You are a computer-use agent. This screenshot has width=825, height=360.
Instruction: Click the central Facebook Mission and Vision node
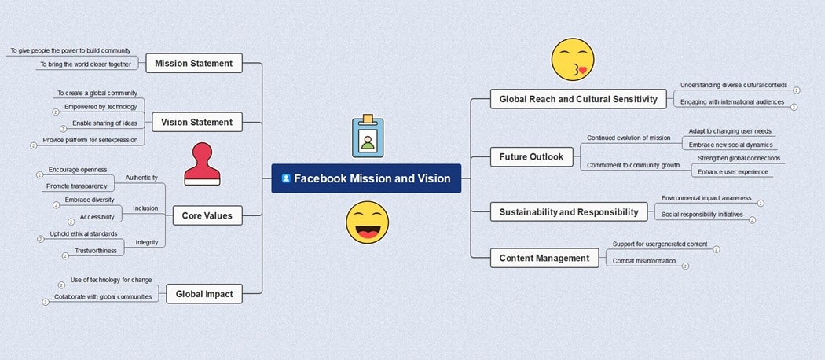(366, 178)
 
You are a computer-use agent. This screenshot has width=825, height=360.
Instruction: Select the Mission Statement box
(194, 64)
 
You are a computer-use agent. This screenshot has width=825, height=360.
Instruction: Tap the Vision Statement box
(196, 122)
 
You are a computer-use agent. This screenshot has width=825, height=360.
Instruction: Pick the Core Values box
(207, 215)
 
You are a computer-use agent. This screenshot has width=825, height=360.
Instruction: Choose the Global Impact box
(204, 294)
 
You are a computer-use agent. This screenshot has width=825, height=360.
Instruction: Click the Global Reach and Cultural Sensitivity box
(578, 99)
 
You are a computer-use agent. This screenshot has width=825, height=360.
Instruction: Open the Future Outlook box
(531, 156)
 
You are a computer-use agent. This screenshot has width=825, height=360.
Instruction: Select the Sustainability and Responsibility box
(569, 211)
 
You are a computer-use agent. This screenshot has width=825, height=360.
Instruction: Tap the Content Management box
(544, 258)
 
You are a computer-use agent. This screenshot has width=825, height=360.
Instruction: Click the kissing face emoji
(572, 60)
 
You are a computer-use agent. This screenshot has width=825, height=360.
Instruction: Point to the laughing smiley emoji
(367, 222)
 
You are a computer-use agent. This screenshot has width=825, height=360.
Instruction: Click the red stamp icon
(202, 163)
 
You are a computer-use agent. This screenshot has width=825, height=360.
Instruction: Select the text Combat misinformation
(644, 261)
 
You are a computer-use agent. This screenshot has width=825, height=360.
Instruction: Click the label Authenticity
(141, 178)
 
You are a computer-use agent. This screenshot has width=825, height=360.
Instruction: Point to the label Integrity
(147, 242)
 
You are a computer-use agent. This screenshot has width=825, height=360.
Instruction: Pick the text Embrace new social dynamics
(731, 145)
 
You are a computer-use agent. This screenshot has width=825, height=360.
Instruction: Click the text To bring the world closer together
(85, 64)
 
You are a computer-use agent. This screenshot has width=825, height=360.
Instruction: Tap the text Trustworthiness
(96, 251)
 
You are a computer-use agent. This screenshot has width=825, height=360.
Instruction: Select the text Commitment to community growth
(633, 165)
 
